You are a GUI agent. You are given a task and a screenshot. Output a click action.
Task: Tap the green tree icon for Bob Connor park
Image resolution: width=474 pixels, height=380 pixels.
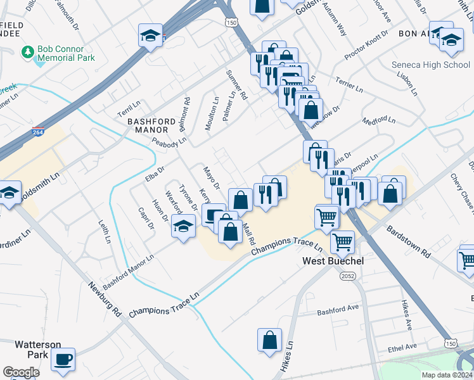[x=27, y=50]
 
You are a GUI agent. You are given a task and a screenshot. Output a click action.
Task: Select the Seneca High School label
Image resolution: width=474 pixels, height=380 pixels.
[x=430, y=65]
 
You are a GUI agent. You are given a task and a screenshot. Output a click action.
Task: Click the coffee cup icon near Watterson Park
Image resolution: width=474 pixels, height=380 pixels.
[x=63, y=359]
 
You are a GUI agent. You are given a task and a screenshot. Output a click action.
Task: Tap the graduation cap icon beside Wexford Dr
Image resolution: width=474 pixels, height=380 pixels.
[x=183, y=225]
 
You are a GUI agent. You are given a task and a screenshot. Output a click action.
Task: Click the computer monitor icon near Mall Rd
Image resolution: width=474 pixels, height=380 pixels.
[x=214, y=215]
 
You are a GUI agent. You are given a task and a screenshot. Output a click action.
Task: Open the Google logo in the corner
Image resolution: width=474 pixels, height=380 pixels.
[x=21, y=372]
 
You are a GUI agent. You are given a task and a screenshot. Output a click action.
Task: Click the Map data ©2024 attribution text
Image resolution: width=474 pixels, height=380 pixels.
[x=447, y=375]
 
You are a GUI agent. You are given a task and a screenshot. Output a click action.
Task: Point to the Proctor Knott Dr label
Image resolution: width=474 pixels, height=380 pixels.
[x=366, y=46]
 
